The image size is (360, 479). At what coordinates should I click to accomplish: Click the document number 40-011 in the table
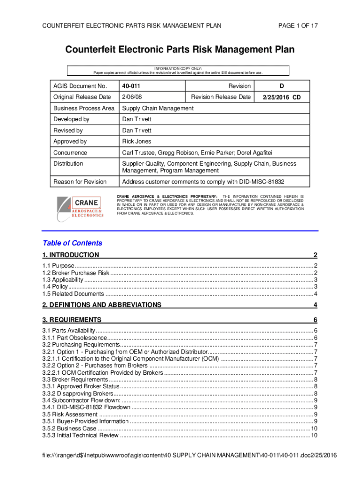pos(131,86)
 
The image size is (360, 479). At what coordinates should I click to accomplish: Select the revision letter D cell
pos(281,86)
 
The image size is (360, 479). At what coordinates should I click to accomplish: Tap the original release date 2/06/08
pos(132,97)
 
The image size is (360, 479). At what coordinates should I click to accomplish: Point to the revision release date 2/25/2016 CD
pos(281,97)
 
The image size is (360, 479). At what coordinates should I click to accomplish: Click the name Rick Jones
pos(137,141)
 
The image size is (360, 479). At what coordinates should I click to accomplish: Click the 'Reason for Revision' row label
pos(80,181)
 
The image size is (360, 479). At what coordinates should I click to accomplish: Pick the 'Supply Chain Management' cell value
pos(158,108)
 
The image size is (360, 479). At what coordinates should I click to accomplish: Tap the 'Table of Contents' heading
pos(72,243)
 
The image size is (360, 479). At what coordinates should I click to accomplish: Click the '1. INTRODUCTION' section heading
pos(71,255)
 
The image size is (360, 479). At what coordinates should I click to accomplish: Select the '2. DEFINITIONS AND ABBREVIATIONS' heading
pos(102,305)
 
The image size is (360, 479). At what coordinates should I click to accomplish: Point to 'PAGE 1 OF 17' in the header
pos(298,26)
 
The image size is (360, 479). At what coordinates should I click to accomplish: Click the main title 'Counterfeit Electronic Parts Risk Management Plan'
pos(180,50)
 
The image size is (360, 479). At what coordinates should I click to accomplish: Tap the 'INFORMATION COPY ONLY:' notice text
pos(179,68)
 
